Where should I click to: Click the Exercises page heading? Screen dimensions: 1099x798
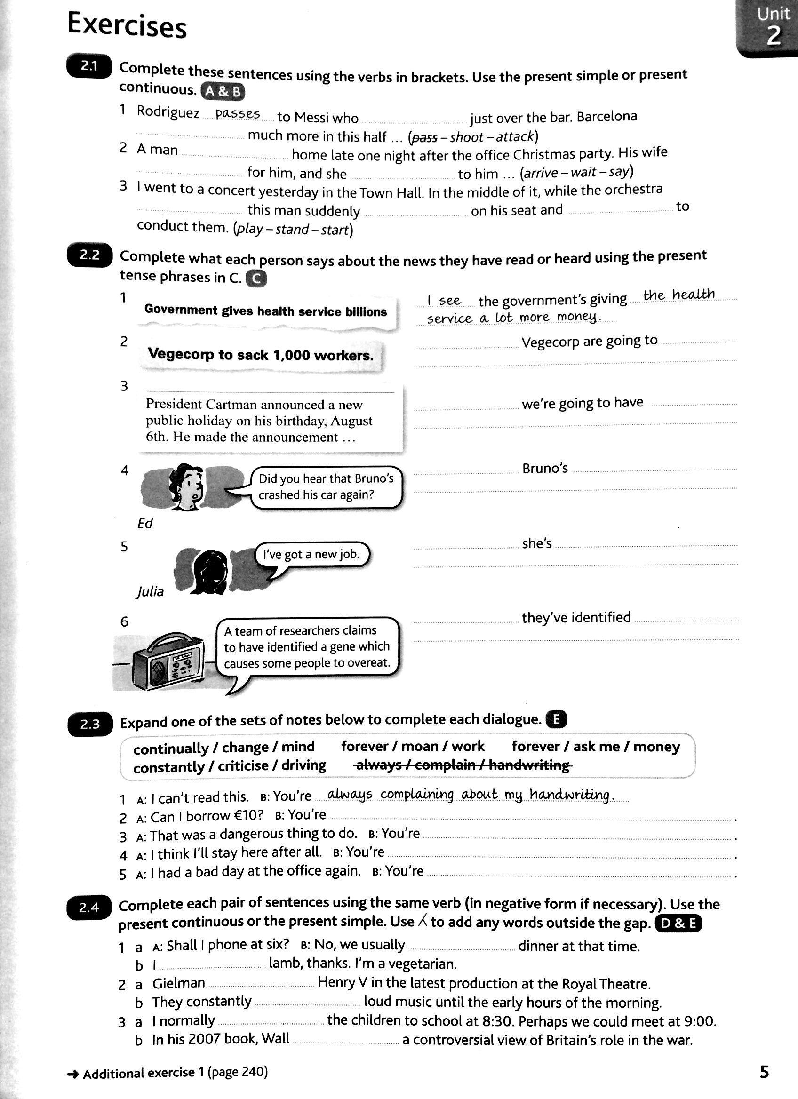pos(127,25)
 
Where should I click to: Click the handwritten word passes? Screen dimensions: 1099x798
pos(238,114)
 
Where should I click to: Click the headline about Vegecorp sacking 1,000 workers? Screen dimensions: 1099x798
pos(261,355)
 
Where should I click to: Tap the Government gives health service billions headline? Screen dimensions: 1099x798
pos(265,311)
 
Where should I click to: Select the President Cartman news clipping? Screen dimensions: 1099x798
pos(271,420)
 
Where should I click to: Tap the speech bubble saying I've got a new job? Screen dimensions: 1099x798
pos(311,554)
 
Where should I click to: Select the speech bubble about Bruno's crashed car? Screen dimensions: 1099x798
pos(326,487)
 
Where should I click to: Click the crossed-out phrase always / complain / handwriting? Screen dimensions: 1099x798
pos(463,765)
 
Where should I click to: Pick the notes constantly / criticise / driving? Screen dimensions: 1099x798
pos(229,766)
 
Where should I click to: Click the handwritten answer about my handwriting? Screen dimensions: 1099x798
pos(470,795)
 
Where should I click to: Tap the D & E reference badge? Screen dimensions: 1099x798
pos(678,924)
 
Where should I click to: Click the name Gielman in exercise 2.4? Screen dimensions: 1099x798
pos(178,983)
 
